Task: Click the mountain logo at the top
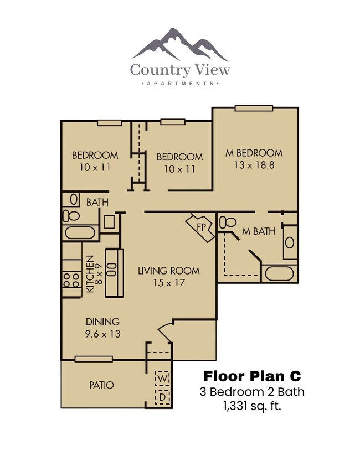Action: (x=180, y=44)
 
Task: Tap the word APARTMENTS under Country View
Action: (x=180, y=84)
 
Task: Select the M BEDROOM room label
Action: (x=254, y=153)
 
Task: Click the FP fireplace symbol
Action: (x=200, y=227)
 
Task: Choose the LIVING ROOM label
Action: (x=168, y=271)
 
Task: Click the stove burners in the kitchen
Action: (x=71, y=279)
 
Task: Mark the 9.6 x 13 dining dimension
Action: (x=102, y=334)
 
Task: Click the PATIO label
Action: (x=101, y=385)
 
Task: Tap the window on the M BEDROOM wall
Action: (x=254, y=108)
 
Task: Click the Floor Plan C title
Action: (x=252, y=376)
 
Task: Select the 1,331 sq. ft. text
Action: (x=252, y=406)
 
